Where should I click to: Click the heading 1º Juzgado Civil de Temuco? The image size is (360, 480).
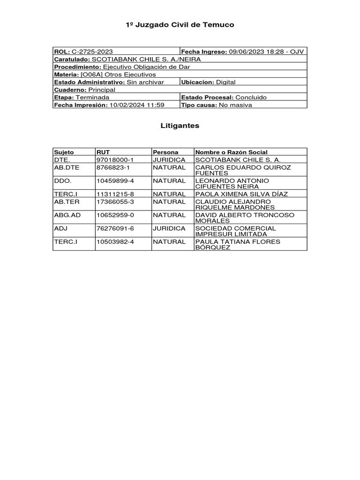point(180,24)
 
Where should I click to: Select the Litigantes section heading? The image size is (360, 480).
point(180,126)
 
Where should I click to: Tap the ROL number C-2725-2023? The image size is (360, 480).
point(92,52)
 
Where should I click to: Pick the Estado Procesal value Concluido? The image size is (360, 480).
point(251,97)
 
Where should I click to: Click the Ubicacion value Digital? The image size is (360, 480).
point(225,82)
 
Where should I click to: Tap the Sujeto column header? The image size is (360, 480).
point(64,152)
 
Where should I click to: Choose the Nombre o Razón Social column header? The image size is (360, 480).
point(232,152)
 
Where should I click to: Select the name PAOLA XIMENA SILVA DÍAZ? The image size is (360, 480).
point(241,194)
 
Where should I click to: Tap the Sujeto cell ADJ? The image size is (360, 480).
point(61,228)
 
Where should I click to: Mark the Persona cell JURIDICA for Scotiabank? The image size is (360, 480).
point(169,160)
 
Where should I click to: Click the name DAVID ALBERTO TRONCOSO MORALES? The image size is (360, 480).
point(245,218)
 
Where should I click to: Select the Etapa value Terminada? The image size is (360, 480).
point(92,97)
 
